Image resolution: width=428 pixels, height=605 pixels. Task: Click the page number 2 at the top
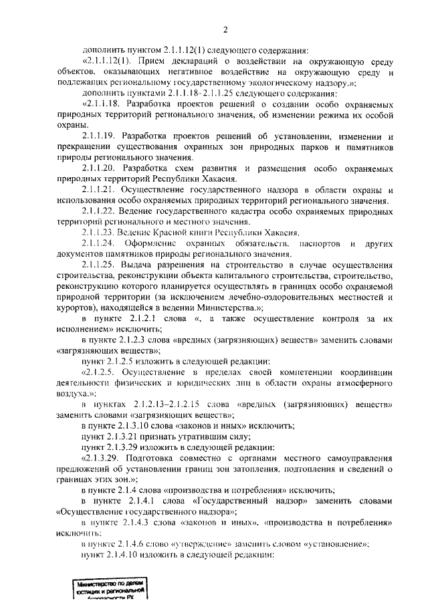(x=225, y=29)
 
